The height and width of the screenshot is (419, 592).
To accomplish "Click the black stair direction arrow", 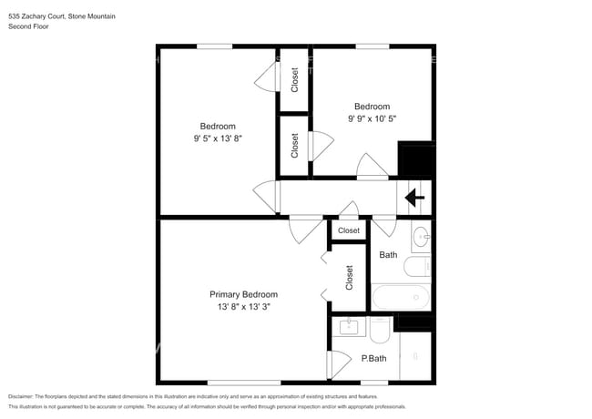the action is pos(414,198).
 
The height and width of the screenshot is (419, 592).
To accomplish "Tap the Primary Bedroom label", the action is pos(243,294).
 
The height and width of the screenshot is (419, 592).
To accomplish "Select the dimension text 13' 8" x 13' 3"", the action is pos(244,307).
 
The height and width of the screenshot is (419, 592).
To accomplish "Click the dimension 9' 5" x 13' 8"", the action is pos(218,138).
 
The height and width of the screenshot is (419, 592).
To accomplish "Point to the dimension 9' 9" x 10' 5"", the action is pos(372,118).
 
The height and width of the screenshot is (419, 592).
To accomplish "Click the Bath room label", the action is pos(388,255).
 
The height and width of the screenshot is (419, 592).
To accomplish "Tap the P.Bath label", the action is pos(373,358).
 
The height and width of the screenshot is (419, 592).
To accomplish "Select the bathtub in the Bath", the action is pos(401,297).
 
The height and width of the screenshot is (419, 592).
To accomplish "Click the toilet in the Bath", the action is pos(417,266).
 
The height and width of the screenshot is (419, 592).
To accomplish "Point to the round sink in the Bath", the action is pos(421,238).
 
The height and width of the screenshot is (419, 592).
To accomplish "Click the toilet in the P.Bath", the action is pos(380,330).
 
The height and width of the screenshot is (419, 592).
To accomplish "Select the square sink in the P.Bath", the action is pos(349,327).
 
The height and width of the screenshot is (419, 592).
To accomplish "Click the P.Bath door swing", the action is pos(339,364).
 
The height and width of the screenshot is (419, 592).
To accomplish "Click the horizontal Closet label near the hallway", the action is pos(349,230).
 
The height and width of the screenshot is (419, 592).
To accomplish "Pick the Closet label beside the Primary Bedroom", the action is pos(349,278).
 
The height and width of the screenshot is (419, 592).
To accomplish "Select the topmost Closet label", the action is pos(294,79).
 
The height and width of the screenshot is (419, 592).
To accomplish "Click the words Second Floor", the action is pos(29,26).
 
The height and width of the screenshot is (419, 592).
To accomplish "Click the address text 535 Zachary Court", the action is pos(37,16).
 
